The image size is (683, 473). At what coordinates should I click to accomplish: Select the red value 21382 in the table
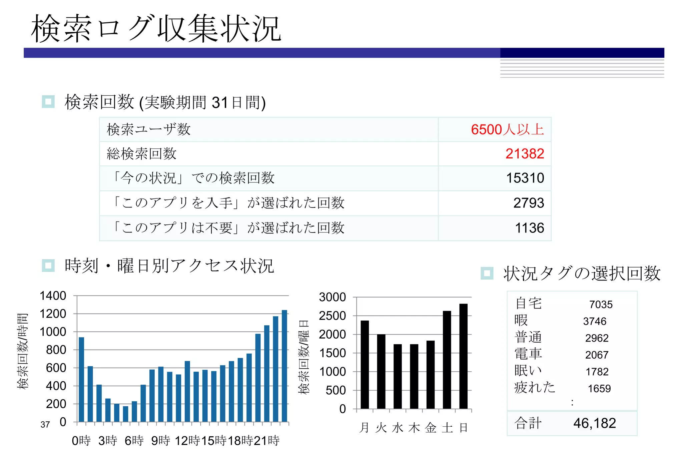coord(525,154)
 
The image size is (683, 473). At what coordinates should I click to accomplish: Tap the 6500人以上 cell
coord(507,129)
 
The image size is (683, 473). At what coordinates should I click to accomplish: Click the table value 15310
coord(525,178)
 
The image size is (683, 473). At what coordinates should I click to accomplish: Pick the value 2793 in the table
coord(529,203)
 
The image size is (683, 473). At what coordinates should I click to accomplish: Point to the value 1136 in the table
coord(529,228)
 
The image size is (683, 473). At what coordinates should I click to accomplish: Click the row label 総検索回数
coord(141,154)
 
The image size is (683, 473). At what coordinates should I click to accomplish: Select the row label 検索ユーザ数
coord(148,129)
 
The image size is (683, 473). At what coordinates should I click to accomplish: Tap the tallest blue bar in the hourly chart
coord(284,366)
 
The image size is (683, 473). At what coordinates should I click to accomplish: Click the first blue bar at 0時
coord(81,379)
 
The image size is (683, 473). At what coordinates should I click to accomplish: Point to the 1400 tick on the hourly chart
coord(53,296)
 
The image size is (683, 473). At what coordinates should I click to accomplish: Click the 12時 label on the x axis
coord(187,441)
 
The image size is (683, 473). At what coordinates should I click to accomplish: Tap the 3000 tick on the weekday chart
coord(332,297)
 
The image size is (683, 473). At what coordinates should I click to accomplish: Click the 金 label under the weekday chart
coord(431,428)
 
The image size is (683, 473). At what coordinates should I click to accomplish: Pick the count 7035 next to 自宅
coord(601,304)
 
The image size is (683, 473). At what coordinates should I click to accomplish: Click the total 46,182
coord(594,423)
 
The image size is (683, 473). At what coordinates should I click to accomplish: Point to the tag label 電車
coord(528,354)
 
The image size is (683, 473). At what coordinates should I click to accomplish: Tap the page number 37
coord(45,425)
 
